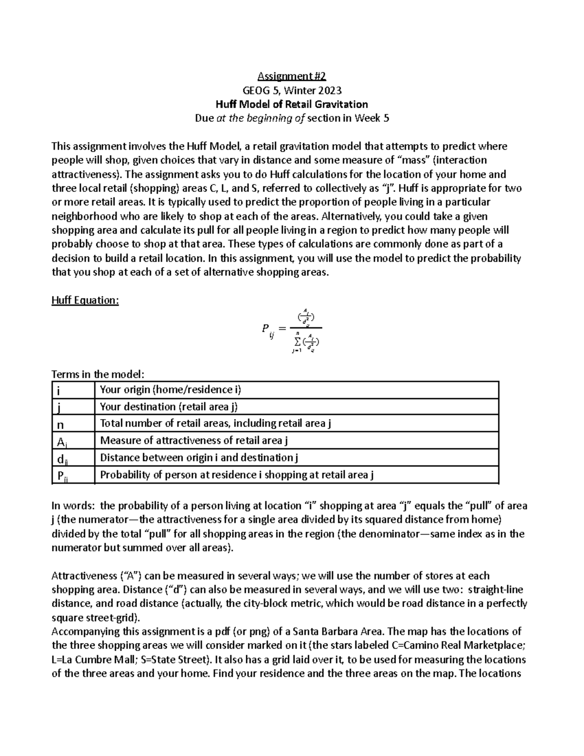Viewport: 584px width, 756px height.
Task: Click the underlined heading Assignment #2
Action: tap(292, 76)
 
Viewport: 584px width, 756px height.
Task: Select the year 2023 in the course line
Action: tap(330, 90)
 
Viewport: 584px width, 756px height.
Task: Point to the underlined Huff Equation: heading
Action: tap(85, 300)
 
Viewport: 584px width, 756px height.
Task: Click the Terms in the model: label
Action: tap(98, 374)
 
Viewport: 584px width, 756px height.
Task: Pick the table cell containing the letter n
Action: tap(73, 423)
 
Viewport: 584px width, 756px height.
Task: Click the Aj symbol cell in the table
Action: tap(73, 441)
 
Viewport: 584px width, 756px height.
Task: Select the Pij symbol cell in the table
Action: tap(73, 476)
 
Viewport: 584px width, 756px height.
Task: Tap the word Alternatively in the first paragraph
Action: tap(353, 216)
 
